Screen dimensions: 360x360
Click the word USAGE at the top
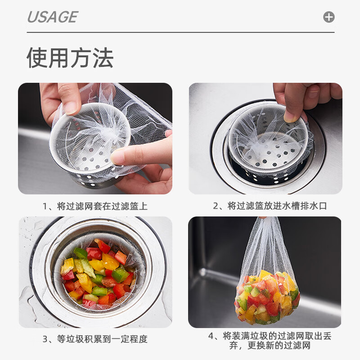coord(53,17)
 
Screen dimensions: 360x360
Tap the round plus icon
coord(329,17)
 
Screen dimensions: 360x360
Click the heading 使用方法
coord(70,58)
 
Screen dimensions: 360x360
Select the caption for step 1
coord(95,206)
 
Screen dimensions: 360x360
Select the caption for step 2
coord(270,206)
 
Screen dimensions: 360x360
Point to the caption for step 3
coord(95,339)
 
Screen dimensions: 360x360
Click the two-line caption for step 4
coord(270,341)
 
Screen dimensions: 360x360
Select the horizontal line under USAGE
coord(180,32)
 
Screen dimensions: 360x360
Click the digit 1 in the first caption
coord(45,207)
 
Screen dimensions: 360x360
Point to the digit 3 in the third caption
coord(45,339)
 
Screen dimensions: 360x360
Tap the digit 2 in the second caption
coord(216,206)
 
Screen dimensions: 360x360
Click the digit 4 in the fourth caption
coord(211,336)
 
